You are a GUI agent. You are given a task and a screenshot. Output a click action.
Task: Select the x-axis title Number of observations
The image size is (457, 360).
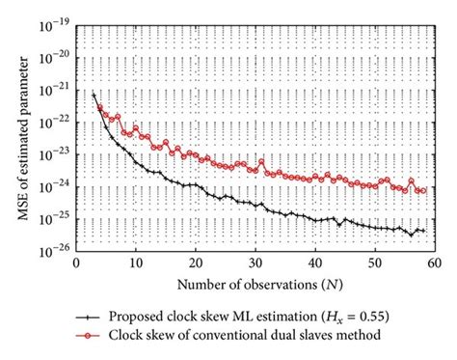pos(255,286)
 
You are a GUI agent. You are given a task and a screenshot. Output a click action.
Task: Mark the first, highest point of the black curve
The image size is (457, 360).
pos(94,95)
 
